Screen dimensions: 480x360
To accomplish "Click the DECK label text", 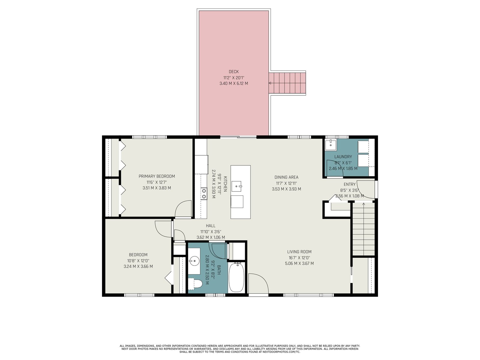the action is point(233,71).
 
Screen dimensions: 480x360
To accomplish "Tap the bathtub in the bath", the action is point(236,277).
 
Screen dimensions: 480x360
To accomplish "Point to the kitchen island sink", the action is point(237,186).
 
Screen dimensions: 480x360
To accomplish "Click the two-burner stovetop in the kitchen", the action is point(204,194).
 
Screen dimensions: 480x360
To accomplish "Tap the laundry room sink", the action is point(330,145).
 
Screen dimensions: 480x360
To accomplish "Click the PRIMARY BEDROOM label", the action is point(157,176).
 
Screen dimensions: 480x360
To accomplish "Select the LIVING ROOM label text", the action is point(299,252).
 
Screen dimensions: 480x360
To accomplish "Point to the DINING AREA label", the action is point(286,177).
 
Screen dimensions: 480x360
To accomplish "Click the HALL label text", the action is point(211,226).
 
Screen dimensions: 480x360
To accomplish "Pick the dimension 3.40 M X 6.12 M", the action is point(233,83).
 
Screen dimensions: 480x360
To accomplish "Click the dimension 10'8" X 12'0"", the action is point(138,260).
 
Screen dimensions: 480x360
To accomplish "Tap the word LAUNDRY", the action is point(343,157).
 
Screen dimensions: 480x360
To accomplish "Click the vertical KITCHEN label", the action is point(225,184).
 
